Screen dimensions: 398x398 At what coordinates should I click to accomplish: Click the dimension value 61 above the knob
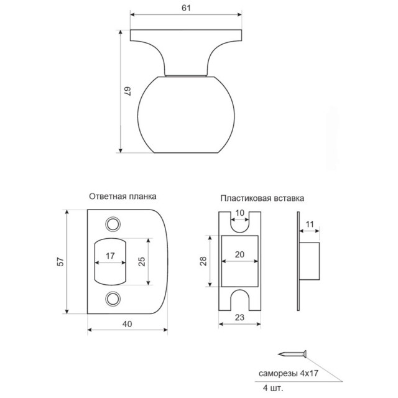point(186,7)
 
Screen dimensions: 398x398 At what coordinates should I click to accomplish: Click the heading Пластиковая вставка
point(262,200)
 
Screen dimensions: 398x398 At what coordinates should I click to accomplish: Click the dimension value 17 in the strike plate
point(110,256)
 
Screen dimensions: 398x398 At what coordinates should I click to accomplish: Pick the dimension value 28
point(203,262)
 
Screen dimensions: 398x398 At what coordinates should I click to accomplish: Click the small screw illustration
point(292,354)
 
